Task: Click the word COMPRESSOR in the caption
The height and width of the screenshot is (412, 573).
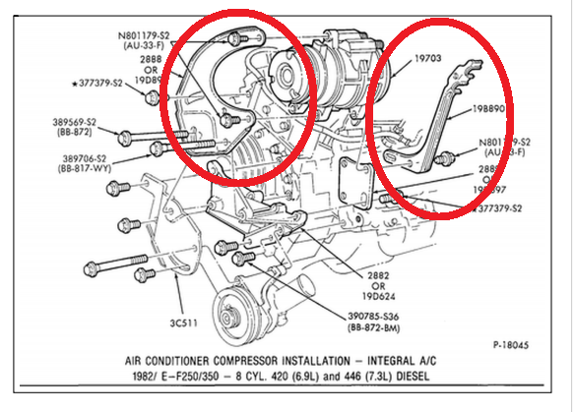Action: click(x=267, y=360)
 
